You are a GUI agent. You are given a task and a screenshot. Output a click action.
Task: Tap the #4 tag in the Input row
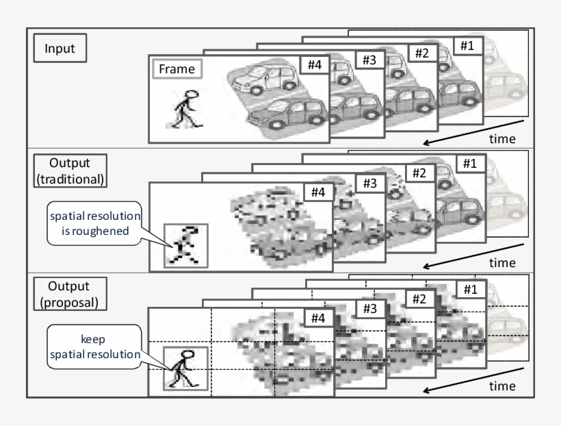click(x=314, y=66)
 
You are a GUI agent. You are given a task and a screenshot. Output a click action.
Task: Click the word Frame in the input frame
click(x=176, y=69)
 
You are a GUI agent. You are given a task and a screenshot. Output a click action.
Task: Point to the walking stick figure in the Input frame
click(x=184, y=108)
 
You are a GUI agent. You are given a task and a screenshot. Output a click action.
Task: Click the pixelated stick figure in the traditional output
click(x=185, y=245)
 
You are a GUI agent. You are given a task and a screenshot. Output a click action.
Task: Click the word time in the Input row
click(x=503, y=139)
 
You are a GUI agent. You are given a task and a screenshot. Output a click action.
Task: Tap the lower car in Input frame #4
click(x=281, y=113)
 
